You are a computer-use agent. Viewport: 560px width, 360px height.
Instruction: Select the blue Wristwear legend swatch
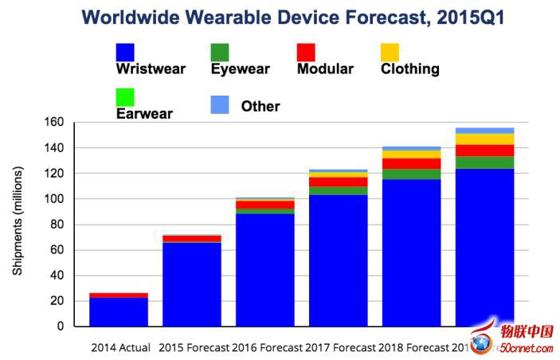coord(126,52)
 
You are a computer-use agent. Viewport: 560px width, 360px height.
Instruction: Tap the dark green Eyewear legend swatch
coord(221,52)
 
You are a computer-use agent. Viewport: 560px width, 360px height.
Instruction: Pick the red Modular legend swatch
coord(307,52)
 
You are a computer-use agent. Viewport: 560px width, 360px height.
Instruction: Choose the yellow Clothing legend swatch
coord(390,52)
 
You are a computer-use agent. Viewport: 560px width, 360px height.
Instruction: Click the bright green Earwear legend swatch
coord(126,97)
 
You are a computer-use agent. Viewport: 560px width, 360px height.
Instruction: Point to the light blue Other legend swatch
coord(221,104)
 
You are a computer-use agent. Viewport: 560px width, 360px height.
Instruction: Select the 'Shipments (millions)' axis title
coord(18,223)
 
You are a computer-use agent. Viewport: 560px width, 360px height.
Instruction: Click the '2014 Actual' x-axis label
coord(122,347)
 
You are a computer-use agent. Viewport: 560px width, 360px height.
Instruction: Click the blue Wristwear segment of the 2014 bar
coord(119,312)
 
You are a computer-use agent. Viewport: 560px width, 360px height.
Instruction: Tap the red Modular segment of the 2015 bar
coord(192,239)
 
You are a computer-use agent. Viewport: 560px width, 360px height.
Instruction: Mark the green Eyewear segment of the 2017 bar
coord(339,191)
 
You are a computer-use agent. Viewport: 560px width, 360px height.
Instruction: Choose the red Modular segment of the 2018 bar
coord(412,163)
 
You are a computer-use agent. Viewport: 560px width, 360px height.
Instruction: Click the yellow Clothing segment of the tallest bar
coord(484,139)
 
